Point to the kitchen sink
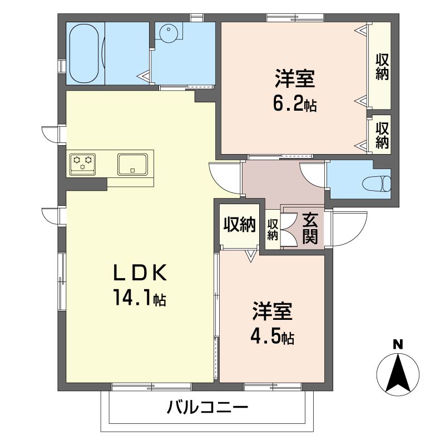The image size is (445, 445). pos(132,164)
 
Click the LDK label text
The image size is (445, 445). pos(140,273)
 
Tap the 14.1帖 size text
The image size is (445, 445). pos(140,299)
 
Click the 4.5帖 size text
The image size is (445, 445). pos(273,337)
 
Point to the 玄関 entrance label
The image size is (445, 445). pos(310,228)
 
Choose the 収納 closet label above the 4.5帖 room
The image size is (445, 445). pos(240,224)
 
